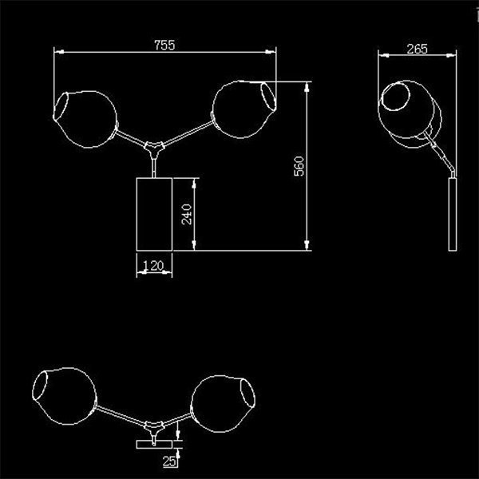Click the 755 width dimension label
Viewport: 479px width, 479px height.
pos(164,45)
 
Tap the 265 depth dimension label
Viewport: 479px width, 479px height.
pos(417,49)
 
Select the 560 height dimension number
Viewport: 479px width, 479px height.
pos(299,166)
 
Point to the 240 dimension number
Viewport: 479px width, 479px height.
pos(187,215)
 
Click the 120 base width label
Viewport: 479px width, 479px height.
pos(153,266)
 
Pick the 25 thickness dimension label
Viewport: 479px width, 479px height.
pos(169,461)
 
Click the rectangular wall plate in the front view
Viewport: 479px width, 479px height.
pos(154,214)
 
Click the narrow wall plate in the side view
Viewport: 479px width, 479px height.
pos(453,215)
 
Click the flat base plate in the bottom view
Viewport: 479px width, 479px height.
pos(154,445)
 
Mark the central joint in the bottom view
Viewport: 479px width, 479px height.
pos(154,428)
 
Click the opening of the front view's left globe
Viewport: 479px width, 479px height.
pos(61,105)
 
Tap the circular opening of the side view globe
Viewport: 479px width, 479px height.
pos(396,97)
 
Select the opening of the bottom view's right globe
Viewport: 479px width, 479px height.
pos(247,393)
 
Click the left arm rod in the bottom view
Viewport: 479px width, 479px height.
pos(121,415)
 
